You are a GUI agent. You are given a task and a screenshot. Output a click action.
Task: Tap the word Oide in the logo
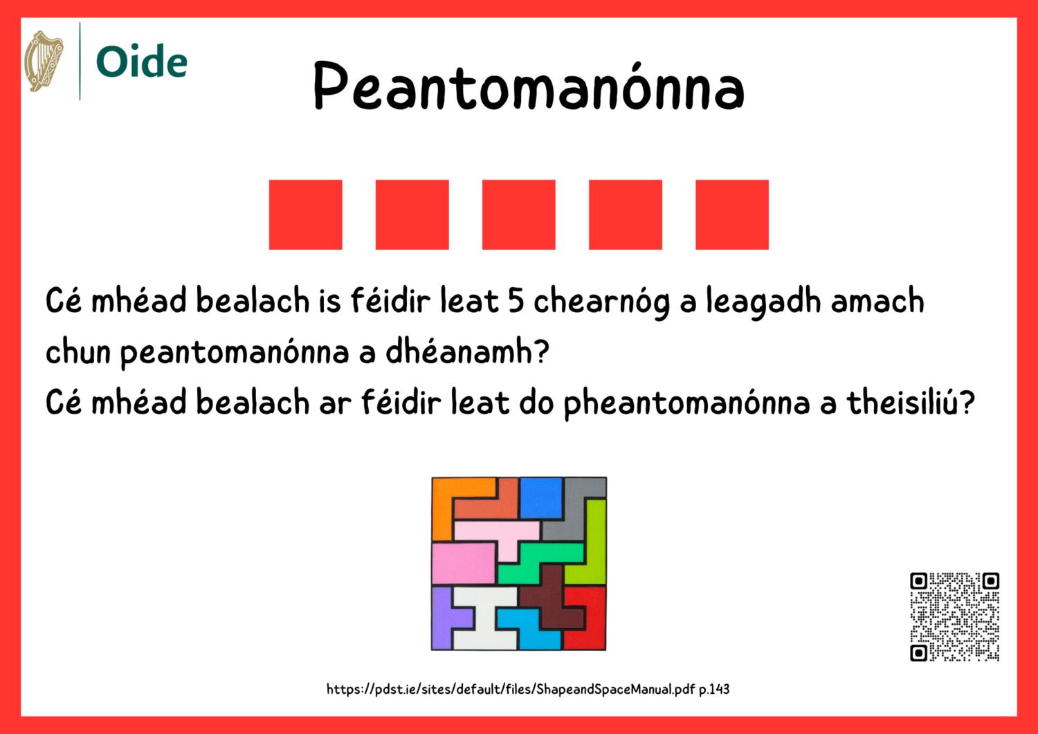click(142, 62)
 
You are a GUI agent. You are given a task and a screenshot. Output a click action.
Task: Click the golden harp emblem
click(44, 61)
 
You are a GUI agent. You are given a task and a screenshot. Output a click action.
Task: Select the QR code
click(954, 616)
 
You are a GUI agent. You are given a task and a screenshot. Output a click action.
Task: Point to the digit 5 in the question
click(516, 301)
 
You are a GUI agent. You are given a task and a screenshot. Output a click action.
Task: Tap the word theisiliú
click(911, 403)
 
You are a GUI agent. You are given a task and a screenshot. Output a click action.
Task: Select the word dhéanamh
click(467, 352)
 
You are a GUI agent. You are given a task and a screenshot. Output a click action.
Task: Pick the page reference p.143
click(714, 689)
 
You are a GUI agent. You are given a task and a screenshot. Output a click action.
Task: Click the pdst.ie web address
click(511, 689)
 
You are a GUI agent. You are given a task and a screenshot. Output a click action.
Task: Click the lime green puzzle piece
click(594, 547)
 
